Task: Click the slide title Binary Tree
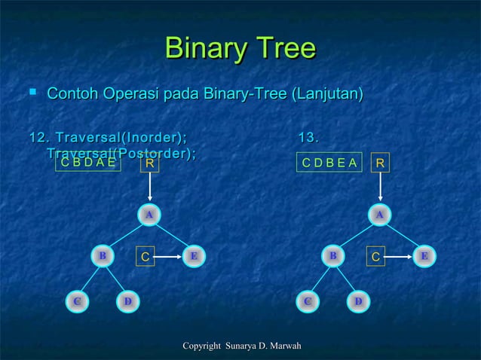tap(240, 50)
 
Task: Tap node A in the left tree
tap(150, 215)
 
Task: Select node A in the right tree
tap(381, 215)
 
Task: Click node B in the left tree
tap(102, 256)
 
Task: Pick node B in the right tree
tap(332, 256)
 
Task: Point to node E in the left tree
tap(194, 256)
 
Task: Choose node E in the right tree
tap(424, 256)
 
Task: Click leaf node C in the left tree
tap(76, 301)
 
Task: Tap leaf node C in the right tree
tap(307, 301)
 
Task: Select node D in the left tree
tap(128, 301)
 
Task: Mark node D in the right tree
tap(359, 301)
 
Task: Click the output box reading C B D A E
tap(88, 162)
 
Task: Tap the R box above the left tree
tap(150, 163)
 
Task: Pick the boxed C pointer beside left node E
tap(146, 257)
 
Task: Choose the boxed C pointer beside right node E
tap(376, 257)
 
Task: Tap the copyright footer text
tap(242, 346)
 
